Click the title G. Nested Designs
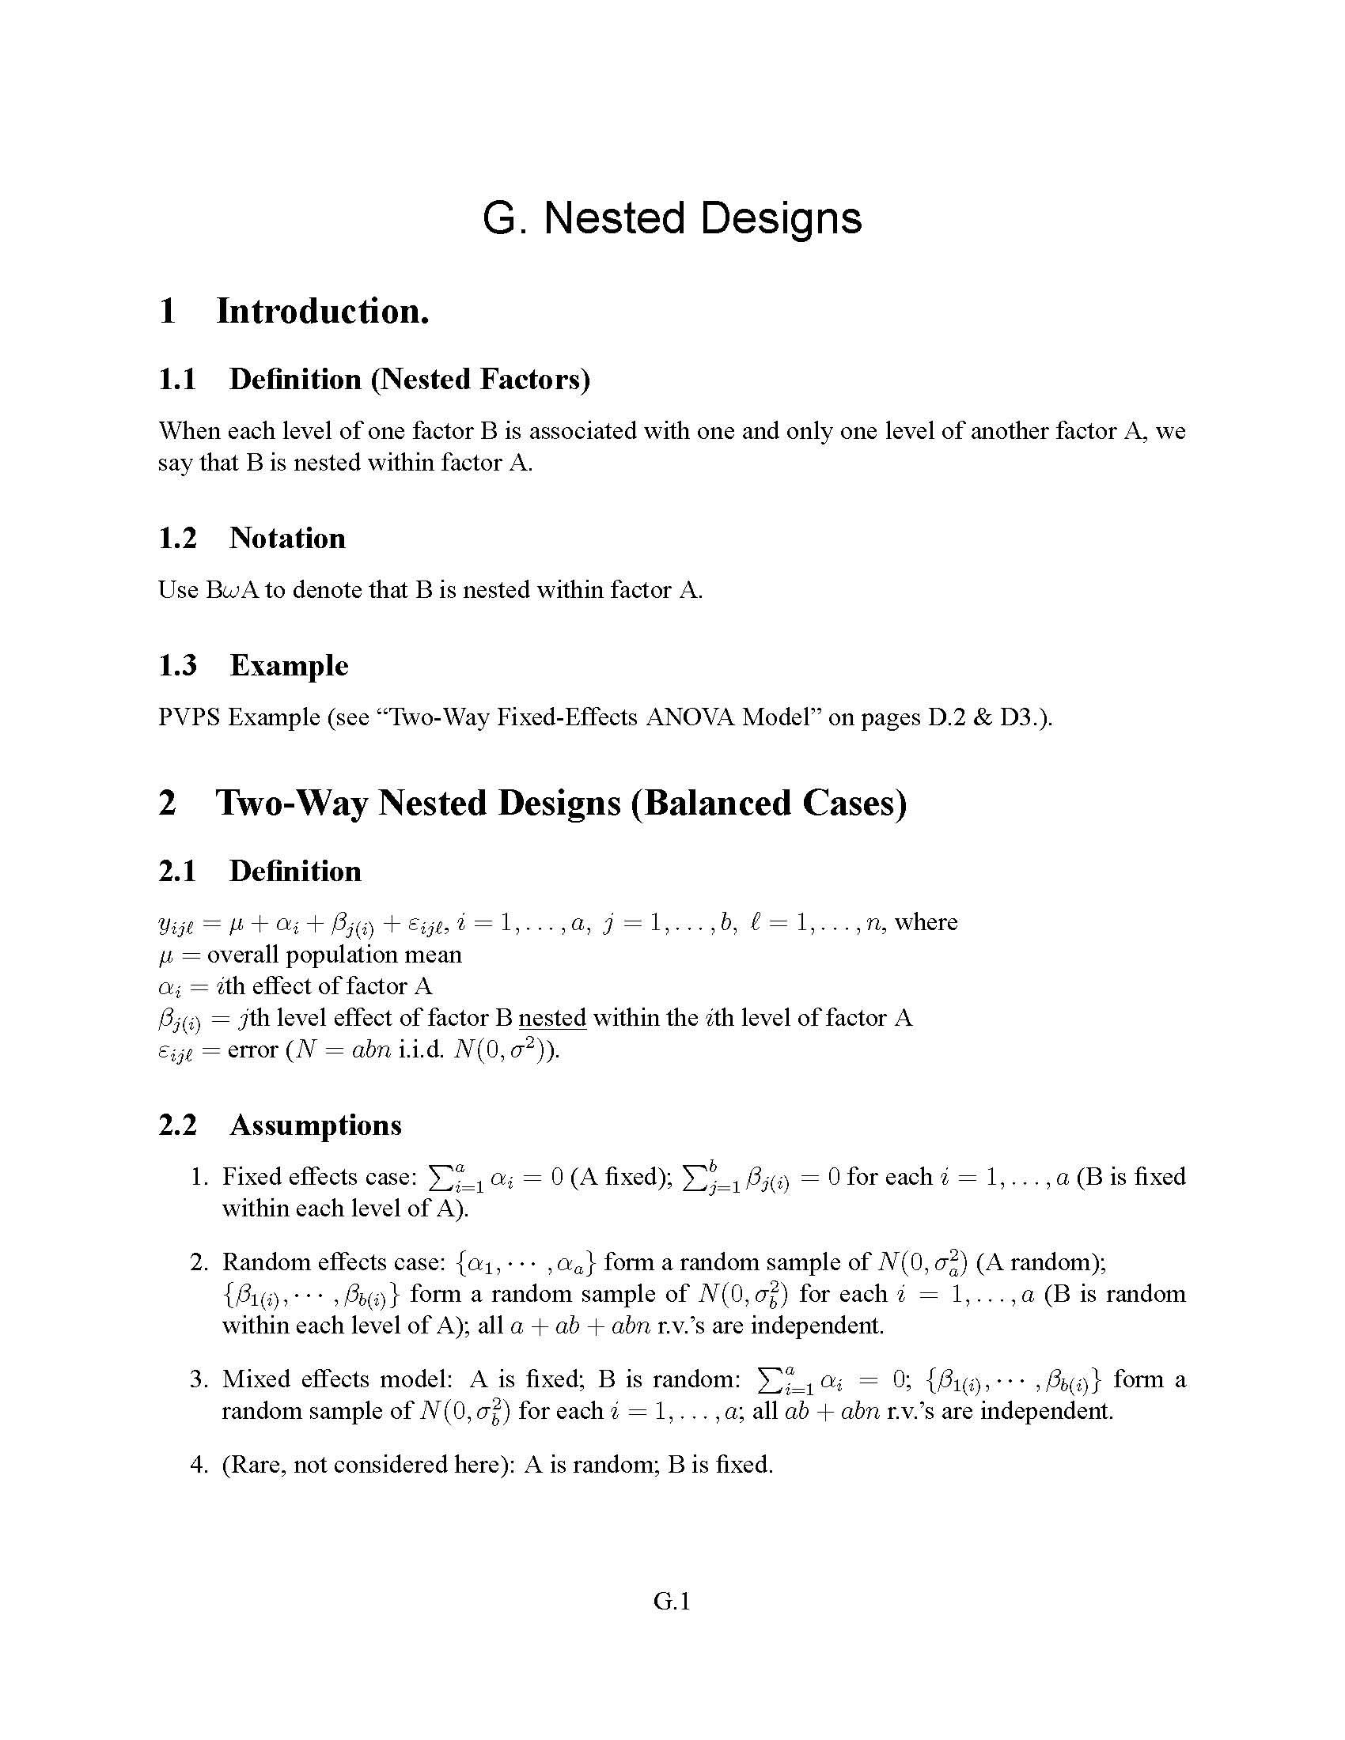click(x=672, y=218)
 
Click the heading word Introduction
click(x=323, y=311)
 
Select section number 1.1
click(x=177, y=379)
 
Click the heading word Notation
click(x=288, y=539)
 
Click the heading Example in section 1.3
click(x=290, y=665)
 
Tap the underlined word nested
click(x=552, y=1018)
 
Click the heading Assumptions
click(x=316, y=1125)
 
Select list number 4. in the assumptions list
click(x=199, y=1464)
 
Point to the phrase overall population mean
click(x=334, y=955)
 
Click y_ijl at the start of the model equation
click(x=176, y=924)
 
